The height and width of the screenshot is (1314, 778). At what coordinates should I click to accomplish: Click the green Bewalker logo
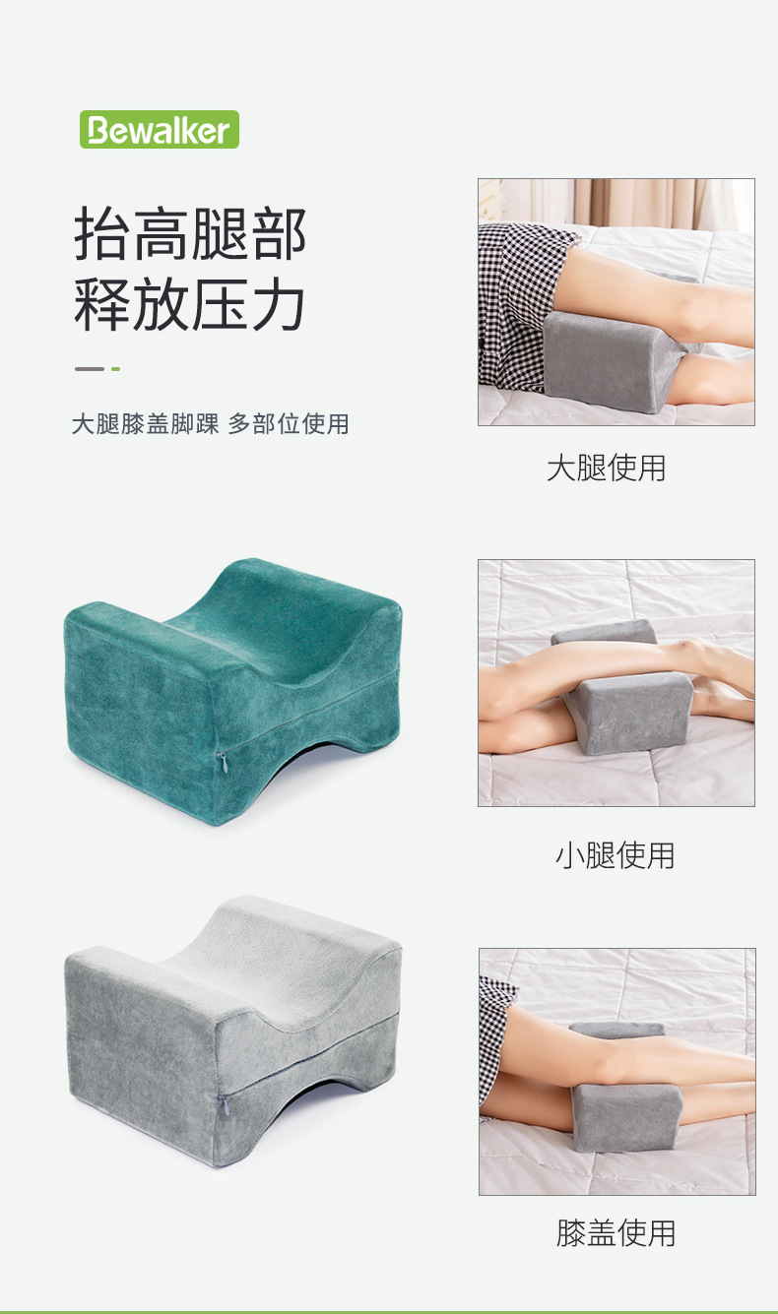[160, 130]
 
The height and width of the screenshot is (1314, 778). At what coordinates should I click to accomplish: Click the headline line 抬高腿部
[190, 234]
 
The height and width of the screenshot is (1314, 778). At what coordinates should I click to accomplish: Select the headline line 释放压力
[190, 305]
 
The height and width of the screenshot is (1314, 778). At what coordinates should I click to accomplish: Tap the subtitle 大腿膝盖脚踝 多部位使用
[210, 424]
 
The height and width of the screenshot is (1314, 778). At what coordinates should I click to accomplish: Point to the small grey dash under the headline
[89, 369]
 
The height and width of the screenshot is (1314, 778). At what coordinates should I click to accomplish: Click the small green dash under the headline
[115, 369]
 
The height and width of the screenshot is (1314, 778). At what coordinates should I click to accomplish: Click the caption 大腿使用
[607, 468]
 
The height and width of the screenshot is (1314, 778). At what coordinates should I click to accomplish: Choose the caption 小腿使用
[616, 855]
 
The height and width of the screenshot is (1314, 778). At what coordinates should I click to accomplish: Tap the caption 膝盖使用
[616, 1232]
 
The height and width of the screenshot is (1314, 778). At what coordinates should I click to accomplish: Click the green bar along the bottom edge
[389, 1311]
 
